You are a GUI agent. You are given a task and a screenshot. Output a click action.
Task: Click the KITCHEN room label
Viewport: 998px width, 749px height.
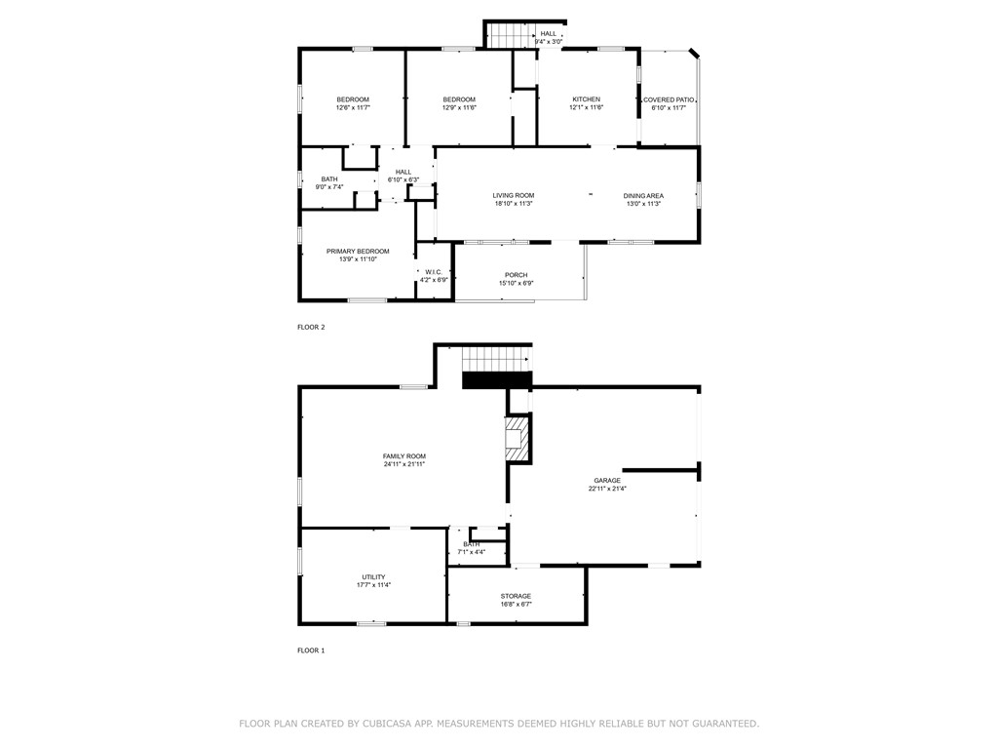point(586,99)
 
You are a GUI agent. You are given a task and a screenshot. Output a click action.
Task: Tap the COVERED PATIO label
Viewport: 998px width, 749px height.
point(669,100)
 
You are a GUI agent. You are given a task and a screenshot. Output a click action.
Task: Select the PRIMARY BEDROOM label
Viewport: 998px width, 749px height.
point(358,252)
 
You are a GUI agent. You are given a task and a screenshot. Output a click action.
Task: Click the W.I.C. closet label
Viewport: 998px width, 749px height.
point(434,272)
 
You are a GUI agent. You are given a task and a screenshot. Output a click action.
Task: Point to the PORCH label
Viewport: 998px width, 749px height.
point(517,275)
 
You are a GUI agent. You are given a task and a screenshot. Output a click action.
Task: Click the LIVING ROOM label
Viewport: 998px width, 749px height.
point(514,195)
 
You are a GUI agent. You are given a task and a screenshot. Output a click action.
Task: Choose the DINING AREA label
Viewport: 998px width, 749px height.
point(643,195)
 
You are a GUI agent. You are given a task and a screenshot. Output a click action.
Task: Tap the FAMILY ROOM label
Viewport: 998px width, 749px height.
point(404,456)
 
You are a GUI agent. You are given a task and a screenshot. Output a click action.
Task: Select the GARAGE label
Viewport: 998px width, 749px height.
point(607,480)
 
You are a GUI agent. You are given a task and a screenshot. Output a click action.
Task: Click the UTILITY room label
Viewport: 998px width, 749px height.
point(373,577)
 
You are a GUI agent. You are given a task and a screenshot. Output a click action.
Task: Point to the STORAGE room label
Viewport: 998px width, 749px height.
point(516,596)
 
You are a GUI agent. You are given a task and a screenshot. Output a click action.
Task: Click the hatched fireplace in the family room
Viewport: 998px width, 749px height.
point(517,438)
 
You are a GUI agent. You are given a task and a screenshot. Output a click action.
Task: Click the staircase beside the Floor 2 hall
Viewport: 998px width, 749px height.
point(511,35)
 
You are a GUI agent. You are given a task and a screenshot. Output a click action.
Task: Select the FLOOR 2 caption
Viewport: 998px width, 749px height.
point(311,328)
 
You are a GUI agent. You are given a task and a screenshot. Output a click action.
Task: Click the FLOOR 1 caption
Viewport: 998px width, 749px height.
point(311,650)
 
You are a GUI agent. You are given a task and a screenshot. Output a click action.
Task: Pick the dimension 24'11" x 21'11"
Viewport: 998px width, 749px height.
point(404,464)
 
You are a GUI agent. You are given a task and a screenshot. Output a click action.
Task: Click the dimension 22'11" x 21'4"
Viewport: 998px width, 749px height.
point(607,489)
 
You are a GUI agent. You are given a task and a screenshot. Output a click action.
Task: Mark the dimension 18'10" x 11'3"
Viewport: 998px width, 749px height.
point(514,204)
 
